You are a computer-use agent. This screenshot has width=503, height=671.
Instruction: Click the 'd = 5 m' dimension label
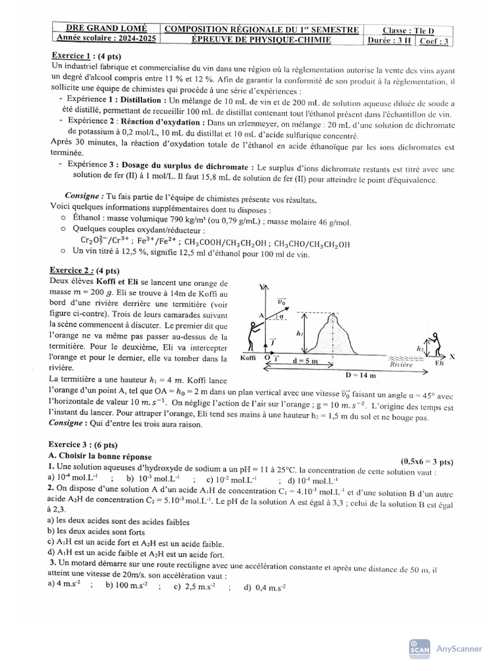point(305,360)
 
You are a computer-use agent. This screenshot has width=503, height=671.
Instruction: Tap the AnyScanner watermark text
point(459,649)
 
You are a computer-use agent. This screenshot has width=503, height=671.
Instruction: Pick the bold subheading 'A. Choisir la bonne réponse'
point(100,456)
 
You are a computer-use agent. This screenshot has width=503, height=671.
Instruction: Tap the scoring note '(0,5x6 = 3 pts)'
point(426,461)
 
